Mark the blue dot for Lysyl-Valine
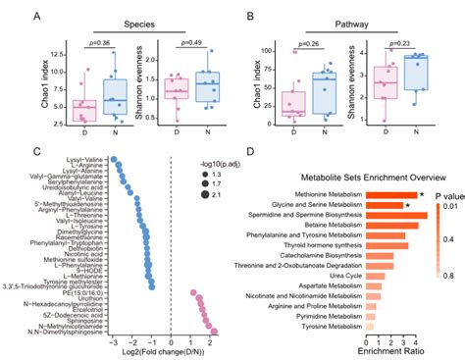pos(114,158)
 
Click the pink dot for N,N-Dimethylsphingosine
pos(212,332)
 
